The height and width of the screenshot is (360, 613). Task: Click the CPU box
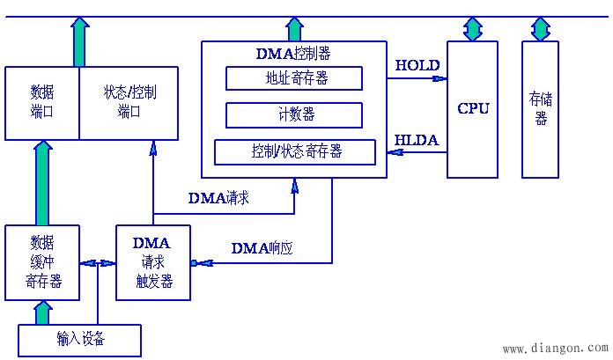pos(473,109)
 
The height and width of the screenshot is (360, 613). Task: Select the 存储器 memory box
pos(540,109)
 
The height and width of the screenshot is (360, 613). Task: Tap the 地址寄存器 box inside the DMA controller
pos(294,78)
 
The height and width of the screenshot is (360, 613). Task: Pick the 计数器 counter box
pos(294,115)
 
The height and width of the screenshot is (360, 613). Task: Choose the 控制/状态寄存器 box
pos(294,151)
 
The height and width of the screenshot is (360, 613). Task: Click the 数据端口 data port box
pos(41,102)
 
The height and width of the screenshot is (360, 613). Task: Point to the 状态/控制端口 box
pos(129,102)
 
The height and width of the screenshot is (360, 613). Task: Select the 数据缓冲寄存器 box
pos(41,262)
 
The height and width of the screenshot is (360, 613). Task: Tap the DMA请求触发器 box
pos(153,262)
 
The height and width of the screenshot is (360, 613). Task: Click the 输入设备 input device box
pos(79,339)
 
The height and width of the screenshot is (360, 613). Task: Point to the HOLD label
pos(412,65)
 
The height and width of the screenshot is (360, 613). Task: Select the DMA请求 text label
pos(218,198)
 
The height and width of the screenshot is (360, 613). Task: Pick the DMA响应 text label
pos(262,248)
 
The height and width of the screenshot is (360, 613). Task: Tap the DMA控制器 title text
pos(293,53)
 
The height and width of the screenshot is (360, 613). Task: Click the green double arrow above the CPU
pos(474,28)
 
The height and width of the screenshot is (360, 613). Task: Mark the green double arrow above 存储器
pos(540,28)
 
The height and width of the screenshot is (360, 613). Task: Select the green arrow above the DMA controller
pos(294,29)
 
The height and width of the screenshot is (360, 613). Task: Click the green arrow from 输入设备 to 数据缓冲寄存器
pos(41,312)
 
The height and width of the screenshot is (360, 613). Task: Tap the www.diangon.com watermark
pos(554,349)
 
